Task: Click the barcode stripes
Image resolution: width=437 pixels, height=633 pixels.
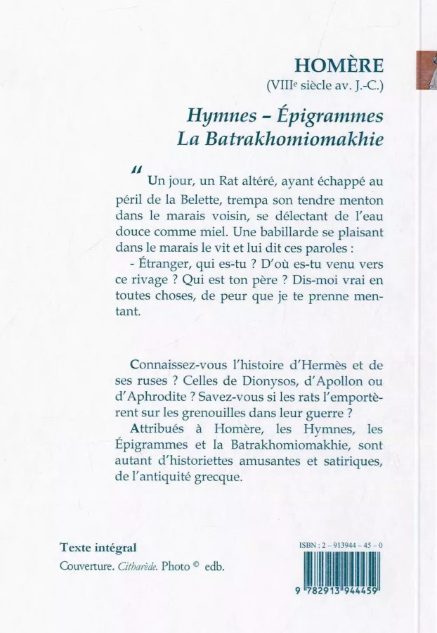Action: (340, 568)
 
